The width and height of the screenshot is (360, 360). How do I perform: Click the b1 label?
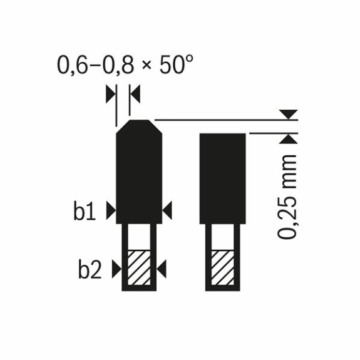85,210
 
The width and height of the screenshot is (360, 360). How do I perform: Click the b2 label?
90,268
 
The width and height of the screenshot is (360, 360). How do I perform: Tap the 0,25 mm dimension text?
287,197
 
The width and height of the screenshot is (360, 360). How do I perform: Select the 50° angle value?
176,64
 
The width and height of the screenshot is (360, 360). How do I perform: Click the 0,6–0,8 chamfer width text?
95,65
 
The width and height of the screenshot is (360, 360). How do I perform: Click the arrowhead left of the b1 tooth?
111,210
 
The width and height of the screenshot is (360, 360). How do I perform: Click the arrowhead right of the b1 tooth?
167,210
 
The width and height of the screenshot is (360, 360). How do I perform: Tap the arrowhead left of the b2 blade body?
117,269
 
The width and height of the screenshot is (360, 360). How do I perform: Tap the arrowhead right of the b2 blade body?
162,269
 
